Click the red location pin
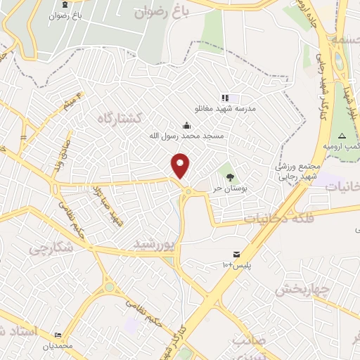click(181, 165)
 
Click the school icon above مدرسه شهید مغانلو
click(224, 98)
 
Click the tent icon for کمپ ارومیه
click(342, 135)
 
